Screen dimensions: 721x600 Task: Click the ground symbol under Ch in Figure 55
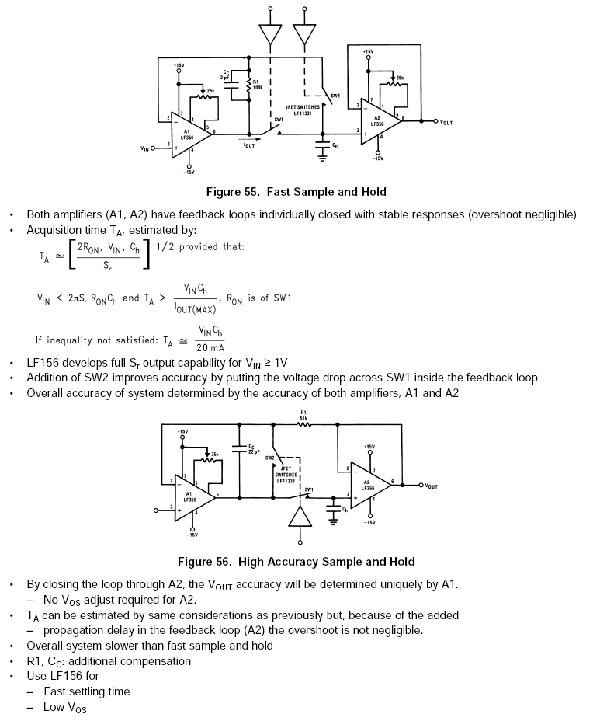point(322,158)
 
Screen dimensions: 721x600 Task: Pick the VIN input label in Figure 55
point(144,148)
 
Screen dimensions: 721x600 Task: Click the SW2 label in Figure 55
point(335,96)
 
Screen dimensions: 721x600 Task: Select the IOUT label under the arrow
point(249,145)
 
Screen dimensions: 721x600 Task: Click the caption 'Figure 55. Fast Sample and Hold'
point(295,191)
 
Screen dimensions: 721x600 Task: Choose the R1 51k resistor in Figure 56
point(305,424)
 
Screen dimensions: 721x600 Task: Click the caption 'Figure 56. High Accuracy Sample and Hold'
point(296,561)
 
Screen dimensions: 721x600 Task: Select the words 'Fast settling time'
point(87,691)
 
